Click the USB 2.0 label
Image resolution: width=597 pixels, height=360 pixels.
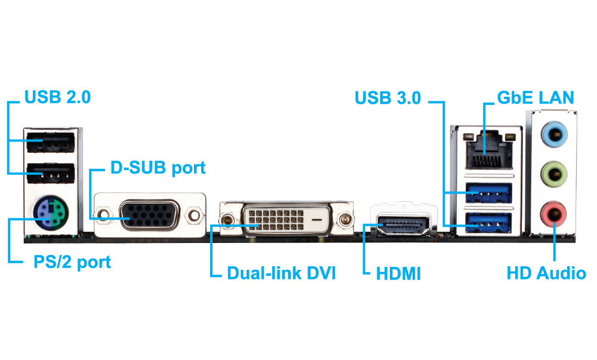[57, 97]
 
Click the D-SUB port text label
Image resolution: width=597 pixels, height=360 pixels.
[158, 168]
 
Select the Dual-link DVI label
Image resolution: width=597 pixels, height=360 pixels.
[281, 274]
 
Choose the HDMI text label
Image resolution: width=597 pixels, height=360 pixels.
[398, 275]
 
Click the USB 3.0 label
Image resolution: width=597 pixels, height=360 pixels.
[387, 97]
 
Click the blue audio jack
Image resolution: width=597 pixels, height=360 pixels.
[553, 134]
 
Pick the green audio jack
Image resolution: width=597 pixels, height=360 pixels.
[553, 174]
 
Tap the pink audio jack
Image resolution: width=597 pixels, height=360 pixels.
[553, 213]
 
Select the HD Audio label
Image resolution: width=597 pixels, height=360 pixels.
[546, 274]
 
